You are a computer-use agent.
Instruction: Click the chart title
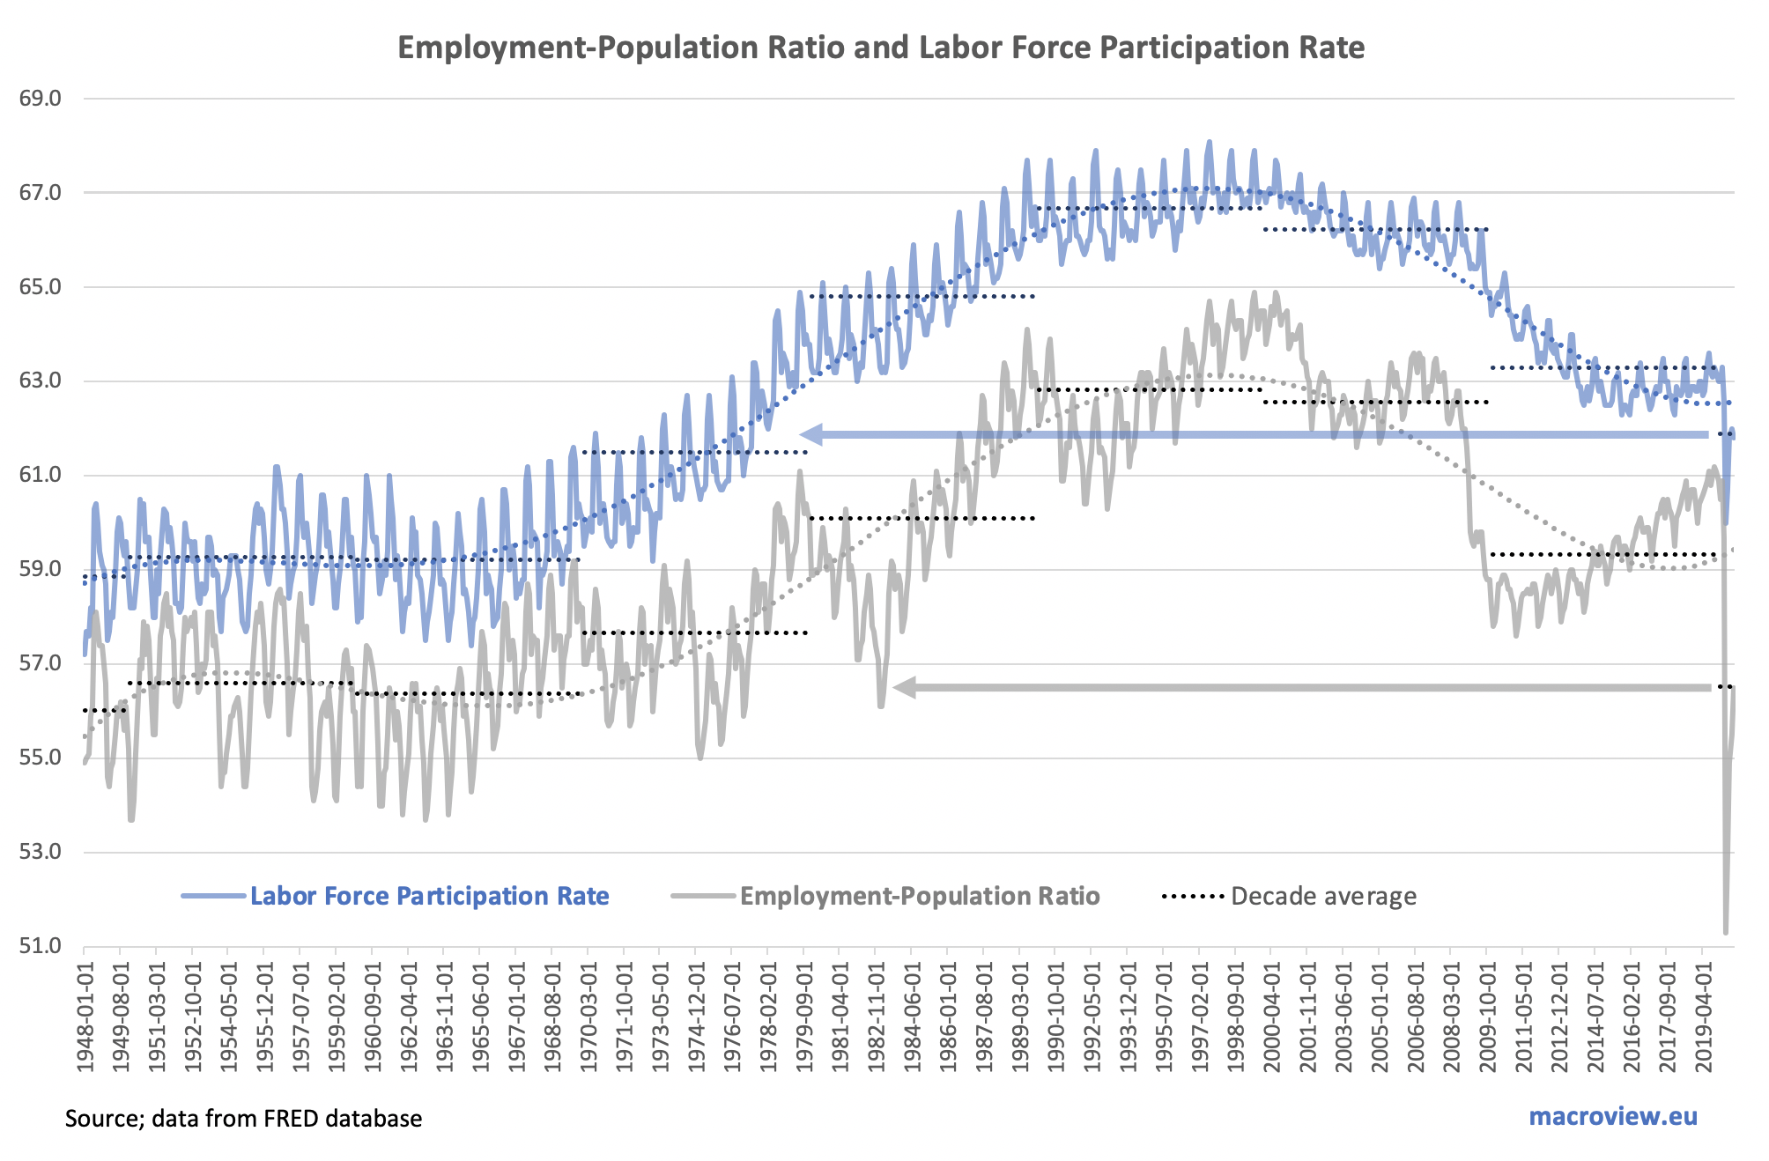881,48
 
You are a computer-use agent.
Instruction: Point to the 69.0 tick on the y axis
41,99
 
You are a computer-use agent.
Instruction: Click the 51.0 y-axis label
41,946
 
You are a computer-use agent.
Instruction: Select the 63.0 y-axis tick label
41,381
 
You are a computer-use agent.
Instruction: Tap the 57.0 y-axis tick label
41,663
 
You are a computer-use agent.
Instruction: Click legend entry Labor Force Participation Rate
429,896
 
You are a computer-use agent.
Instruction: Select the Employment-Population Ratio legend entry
920,896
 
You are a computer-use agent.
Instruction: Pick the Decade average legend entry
1323,896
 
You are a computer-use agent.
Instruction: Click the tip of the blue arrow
802,434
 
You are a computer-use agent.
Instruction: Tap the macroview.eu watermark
1612,1116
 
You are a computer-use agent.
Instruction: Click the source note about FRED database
243,1119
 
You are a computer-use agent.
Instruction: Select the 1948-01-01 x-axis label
85,1017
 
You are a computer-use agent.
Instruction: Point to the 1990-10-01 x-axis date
1056,1017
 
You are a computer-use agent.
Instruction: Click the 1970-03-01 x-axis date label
588,1017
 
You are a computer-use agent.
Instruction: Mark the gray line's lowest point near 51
1726,932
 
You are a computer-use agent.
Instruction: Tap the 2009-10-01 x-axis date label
1488,1017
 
